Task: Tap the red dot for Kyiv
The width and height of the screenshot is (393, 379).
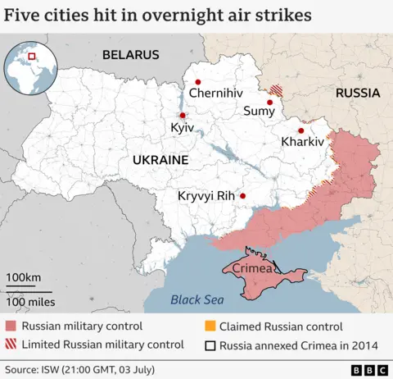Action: (x=182, y=116)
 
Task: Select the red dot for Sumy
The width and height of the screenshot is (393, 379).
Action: (x=269, y=103)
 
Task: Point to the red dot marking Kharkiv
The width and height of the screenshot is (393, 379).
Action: (x=301, y=130)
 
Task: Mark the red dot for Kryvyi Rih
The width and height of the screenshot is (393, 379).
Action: (x=242, y=196)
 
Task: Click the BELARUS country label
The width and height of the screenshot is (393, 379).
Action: (x=130, y=55)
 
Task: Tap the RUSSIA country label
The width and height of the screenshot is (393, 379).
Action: (x=358, y=94)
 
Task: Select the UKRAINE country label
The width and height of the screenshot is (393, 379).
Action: (x=160, y=159)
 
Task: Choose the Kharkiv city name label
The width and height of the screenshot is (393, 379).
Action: (x=302, y=142)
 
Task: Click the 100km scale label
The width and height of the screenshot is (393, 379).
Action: (x=24, y=277)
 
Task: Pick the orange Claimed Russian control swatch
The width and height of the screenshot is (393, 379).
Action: (x=210, y=326)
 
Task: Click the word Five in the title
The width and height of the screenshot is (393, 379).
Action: (x=25, y=16)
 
